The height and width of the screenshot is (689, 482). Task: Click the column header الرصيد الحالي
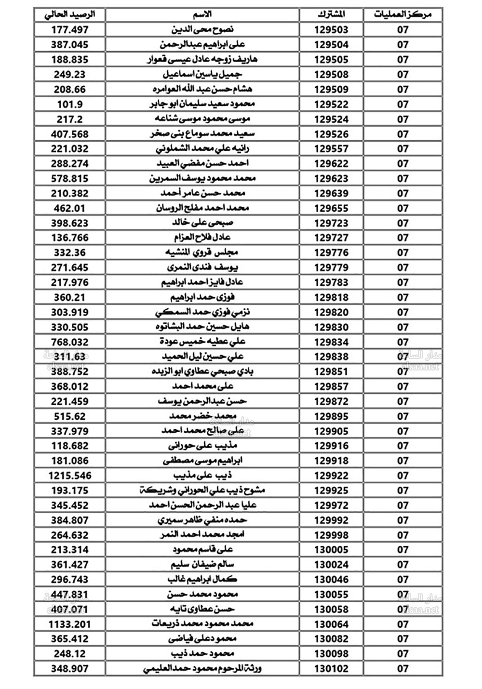coord(70,14)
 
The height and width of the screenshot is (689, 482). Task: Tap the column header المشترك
coord(331,14)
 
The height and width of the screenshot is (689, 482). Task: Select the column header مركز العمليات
coord(402,14)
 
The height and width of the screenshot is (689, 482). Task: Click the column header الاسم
coord(202,14)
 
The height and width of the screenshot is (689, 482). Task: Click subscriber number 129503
coord(331,30)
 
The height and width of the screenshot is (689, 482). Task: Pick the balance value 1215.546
coord(70,476)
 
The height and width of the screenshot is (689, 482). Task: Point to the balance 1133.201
coord(70,624)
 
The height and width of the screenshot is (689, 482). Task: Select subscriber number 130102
coord(331,669)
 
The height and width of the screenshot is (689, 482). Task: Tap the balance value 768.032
coord(70,342)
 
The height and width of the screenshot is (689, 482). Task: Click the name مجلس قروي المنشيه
coord(202,252)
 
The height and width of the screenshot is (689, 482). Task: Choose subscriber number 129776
coord(331,253)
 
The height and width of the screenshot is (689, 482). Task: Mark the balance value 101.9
coord(70,104)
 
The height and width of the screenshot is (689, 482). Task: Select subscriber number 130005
coord(331,550)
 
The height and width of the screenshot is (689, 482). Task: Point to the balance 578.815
coord(70,179)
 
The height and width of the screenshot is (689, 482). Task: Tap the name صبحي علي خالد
coord(202,223)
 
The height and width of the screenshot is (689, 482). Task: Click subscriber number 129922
coord(331,476)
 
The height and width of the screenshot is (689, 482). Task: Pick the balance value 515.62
coord(70,416)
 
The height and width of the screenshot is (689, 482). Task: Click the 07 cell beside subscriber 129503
coord(402,30)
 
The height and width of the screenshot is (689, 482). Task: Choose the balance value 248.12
coord(70,654)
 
